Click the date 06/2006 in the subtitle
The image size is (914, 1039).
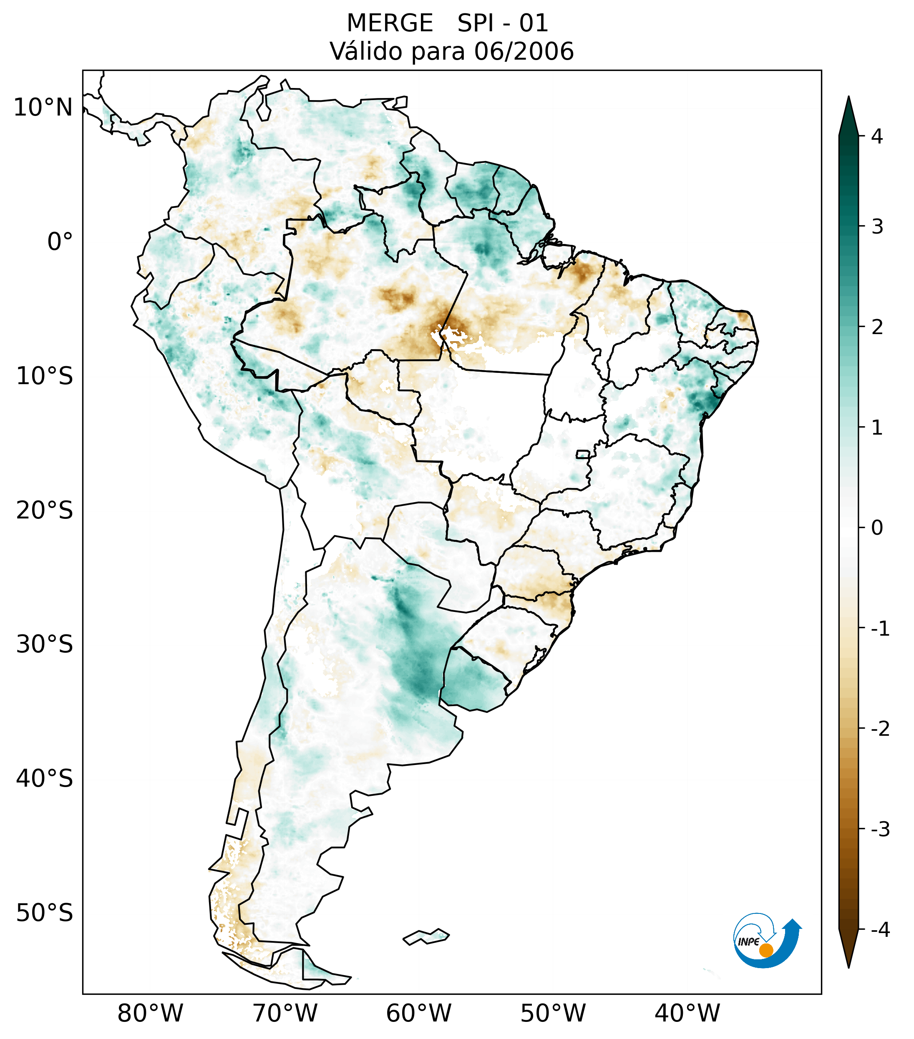[524, 51]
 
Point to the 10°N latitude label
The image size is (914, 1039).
[43, 108]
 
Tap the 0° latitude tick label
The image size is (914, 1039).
[60, 242]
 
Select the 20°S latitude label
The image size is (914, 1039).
[45, 511]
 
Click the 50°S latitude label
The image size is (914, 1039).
[45, 913]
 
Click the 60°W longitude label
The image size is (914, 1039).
[418, 1014]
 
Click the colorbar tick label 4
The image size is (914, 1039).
[877, 136]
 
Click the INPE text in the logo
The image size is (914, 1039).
[748, 942]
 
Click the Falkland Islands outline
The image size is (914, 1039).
[426, 936]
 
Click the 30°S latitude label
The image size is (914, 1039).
[45, 644]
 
